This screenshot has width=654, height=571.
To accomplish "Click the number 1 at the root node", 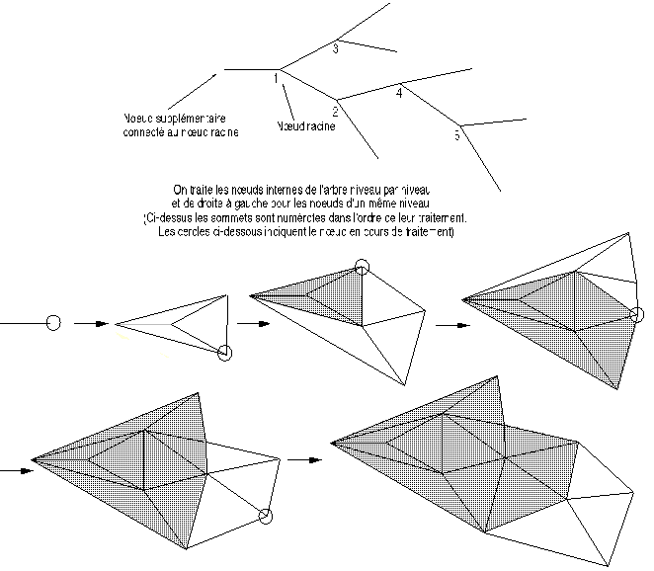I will [x=276, y=78].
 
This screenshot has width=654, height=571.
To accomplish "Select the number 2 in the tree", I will [x=336, y=112].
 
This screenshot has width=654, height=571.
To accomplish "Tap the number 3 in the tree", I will [x=336, y=47].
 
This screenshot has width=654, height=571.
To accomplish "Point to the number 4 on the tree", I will [x=398, y=93].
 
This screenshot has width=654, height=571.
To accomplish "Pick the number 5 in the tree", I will [x=456, y=135].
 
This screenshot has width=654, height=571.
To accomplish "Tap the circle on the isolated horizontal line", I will [x=54, y=323].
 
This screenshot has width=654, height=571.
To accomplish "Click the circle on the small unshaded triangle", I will [x=225, y=353].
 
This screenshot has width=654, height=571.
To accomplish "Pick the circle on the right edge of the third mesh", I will [x=637, y=315].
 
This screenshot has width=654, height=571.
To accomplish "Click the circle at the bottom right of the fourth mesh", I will [x=265, y=516].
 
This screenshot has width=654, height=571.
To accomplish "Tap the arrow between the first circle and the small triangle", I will [x=91, y=323].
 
